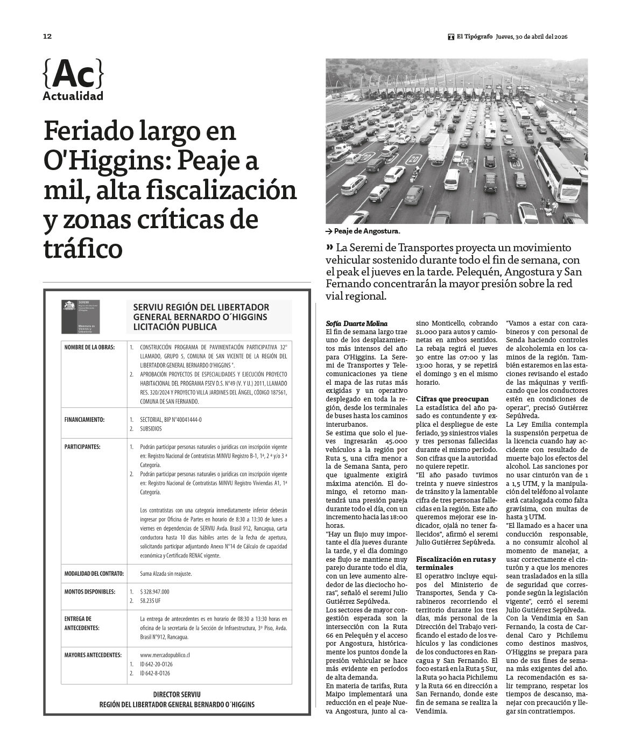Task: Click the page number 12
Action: [x=47, y=37]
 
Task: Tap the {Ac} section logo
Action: [x=73, y=74]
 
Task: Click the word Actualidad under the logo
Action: [x=73, y=97]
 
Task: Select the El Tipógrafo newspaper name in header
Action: [x=474, y=37]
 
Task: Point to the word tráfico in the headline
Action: [x=83, y=249]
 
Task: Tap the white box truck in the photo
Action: [x=438, y=148]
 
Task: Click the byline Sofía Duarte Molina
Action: [x=356, y=323]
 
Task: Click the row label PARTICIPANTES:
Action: [x=82, y=447]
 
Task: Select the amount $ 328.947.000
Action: [x=154, y=591]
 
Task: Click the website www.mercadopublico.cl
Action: [x=165, y=655]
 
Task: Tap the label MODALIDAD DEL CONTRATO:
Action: [x=94, y=574]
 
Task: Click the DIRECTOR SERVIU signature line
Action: [x=177, y=695]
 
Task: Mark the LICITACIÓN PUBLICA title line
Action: [x=175, y=327]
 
